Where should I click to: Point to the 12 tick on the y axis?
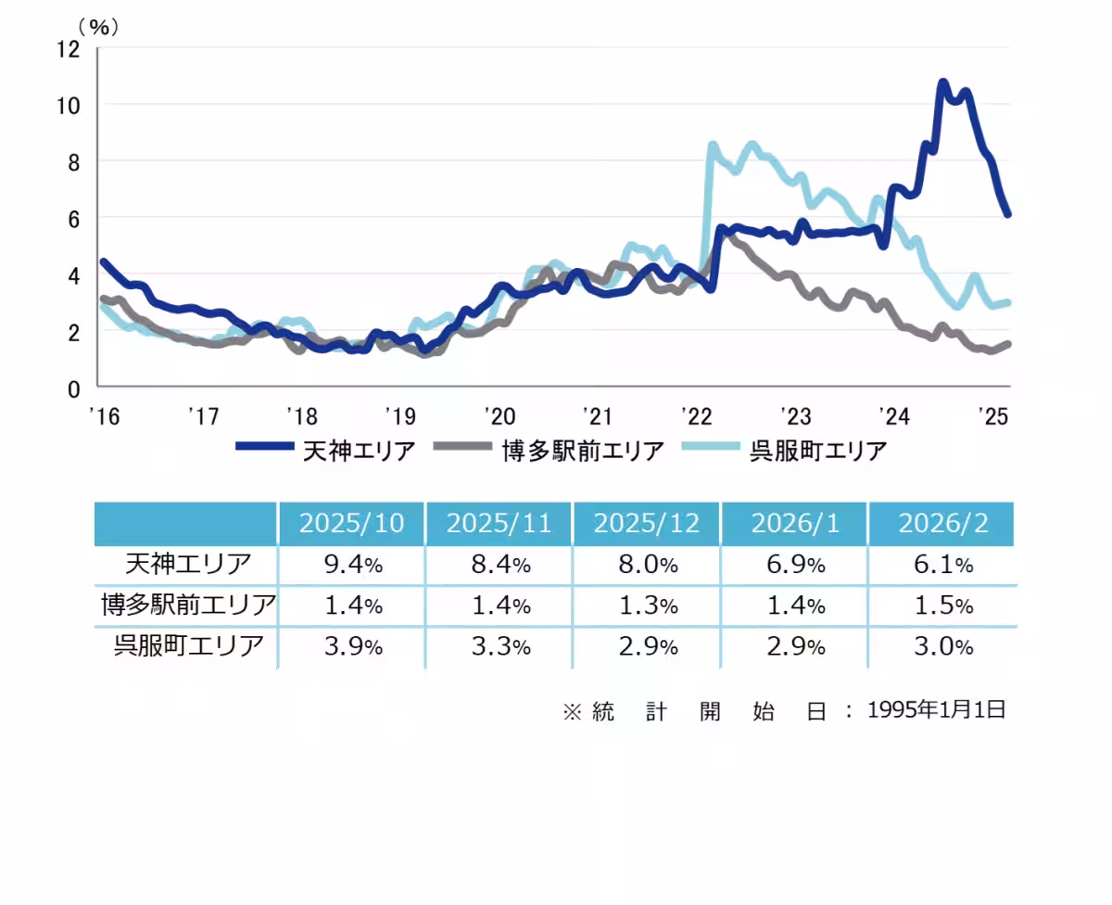pos(69,48)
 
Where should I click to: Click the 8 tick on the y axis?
pos(75,161)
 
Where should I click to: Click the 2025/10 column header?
pos(351,524)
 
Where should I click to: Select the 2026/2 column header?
pos(942,524)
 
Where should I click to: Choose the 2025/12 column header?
pos(647,524)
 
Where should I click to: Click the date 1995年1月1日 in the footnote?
pos(936,710)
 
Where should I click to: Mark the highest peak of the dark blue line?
pos(942,83)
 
